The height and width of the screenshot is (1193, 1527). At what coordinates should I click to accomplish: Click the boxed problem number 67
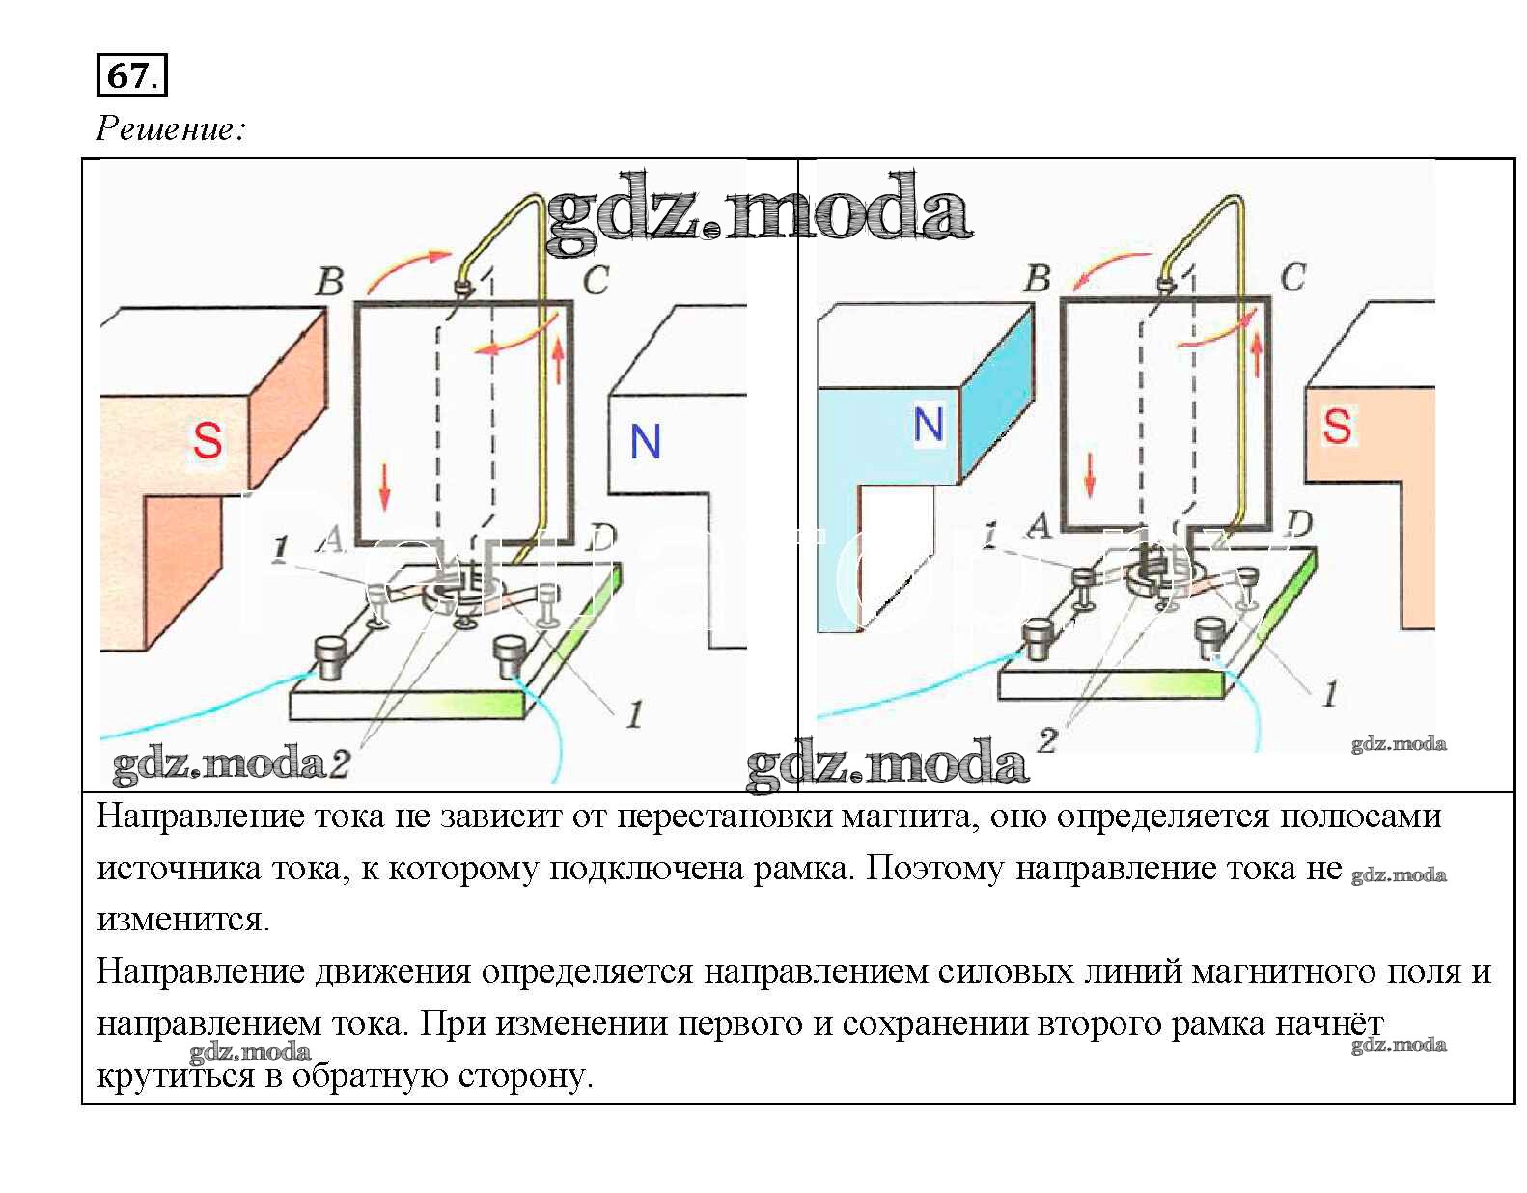coord(131,75)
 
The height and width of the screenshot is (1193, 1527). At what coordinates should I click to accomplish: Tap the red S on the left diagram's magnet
coord(208,440)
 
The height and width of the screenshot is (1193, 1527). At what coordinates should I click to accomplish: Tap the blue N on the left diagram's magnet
coord(645,442)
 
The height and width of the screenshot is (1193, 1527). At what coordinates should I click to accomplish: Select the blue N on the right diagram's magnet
coord(928,425)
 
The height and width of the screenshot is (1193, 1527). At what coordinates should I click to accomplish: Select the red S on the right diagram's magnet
coord(1337,426)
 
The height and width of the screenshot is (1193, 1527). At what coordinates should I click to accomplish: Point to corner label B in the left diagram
coord(330,282)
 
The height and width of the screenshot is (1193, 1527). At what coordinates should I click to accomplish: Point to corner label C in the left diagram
coord(596,281)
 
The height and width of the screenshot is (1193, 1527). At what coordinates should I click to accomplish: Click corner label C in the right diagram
coord(1292,278)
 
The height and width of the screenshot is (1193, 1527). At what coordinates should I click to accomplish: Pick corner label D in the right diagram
coord(1299,524)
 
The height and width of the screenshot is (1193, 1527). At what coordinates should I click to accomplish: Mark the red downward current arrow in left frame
coord(385,486)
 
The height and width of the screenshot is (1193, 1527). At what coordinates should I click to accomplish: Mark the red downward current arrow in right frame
coord(1091,474)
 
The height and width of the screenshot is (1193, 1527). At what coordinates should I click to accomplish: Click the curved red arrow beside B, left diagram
coord(408,269)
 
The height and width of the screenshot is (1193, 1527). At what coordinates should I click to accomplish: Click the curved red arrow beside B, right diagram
coord(1110,269)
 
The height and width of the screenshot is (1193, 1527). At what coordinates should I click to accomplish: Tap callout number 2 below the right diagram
coord(1047,741)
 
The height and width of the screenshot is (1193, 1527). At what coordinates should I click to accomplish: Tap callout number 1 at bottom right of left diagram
coord(634,715)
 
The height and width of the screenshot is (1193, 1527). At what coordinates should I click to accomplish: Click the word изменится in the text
coord(183,919)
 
